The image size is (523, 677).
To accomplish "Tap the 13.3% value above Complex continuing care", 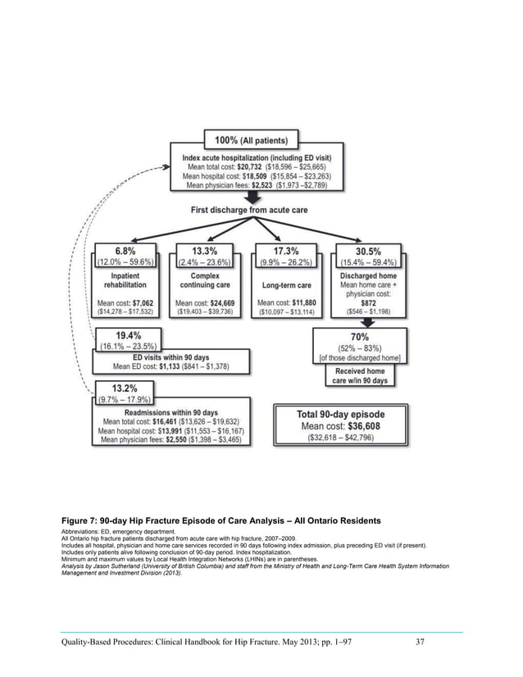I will click(205, 250).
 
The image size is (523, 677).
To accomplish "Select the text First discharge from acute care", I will click(257, 211).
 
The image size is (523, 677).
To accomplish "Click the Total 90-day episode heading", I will click(340, 413).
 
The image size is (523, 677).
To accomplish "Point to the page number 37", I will click(419, 640).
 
